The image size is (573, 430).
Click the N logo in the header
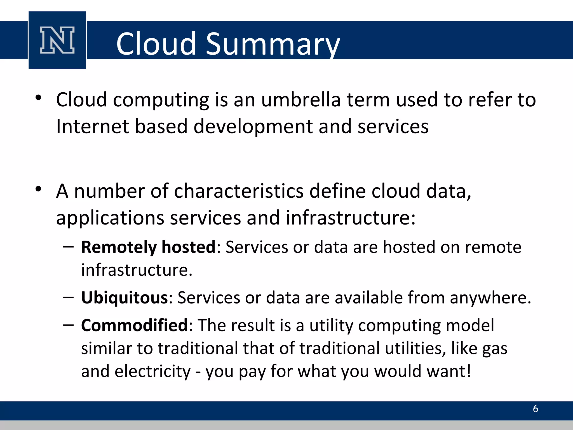(57, 40)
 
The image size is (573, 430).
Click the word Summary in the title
(273, 44)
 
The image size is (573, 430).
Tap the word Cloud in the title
(156, 44)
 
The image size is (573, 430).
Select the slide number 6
(536, 409)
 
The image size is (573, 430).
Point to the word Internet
(92, 127)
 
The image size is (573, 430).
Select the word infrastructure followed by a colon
(350, 218)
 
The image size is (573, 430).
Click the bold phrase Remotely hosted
(148, 247)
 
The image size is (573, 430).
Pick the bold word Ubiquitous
(125, 298)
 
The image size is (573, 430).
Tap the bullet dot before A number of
(39, 189)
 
